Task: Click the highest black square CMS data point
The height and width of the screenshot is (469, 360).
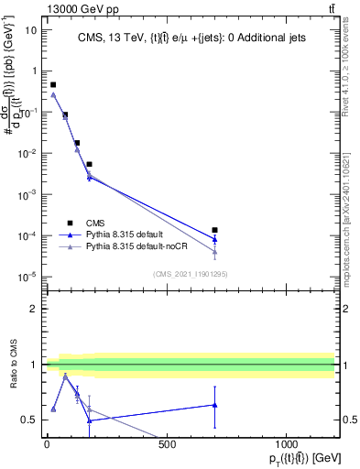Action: click(53, 84)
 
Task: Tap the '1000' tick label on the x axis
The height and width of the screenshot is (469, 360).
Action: click(287, 445)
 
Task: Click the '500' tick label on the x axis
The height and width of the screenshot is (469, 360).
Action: click(167, 445)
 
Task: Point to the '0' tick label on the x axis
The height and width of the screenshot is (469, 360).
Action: click(47, 445)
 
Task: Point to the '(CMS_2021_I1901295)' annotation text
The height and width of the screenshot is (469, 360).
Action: click(190, 274)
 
